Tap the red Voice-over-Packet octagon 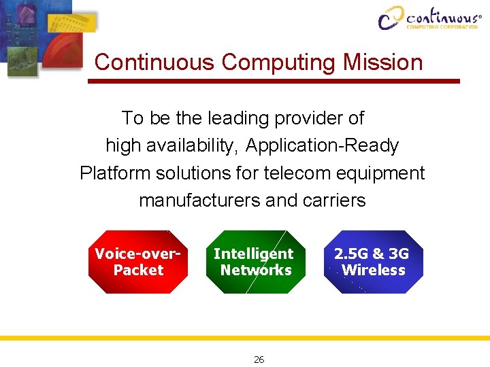[138, 262]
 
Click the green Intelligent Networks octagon [255, 262]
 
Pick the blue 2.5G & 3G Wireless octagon [373, 262]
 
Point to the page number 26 [259, 360]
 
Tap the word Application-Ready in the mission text [322, 145]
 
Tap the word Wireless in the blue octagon [373, 270]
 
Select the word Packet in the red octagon [138, 270]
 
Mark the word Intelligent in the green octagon [253, 254]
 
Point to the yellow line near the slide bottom [245, 338]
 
